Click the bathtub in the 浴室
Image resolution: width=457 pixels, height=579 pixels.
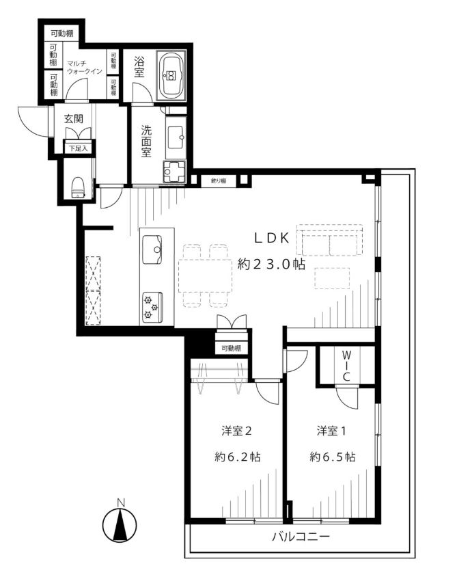pyautogui.click(x=171, y=75)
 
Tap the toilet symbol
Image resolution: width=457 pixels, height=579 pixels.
pyautogui.click(x=77, y=187)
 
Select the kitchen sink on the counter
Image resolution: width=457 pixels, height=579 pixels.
pyautogui.click(x=152, y=250)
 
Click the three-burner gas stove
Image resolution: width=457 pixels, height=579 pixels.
pyautogui.click(x=152, y=306)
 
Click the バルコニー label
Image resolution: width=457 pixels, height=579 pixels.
pyautogui.click(x=301, y=536)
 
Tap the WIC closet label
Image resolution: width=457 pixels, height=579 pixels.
pyautogui.click(x=346, y=366)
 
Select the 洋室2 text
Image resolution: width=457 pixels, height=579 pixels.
pyautogui.click(x=236, y=431)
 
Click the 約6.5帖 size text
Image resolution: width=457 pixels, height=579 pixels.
pyautogui.click(x=333, y=457)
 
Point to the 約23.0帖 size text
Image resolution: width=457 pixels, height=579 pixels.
pyautogui.click(x=271, y=264)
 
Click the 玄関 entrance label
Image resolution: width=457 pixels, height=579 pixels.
pyautogui.click(x=74, y=119)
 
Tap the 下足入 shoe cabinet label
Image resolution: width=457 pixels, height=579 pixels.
pyautogui.click(x=79, y=148)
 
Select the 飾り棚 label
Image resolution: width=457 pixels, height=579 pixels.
pyautogui.click(x=219, y=181)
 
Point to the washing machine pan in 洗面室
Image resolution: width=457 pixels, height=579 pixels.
pyautogui.click(x=174, y=172)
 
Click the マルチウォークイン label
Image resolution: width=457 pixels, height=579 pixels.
pyautogui.click(x=85, y=67)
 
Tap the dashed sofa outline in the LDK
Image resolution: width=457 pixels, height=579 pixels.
pyautogui.click(x=330, y=240)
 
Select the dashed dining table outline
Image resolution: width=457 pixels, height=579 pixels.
pyautogui.click(x=205, y=275)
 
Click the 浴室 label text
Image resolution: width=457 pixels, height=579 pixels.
pyautogui.click(x=139, y=66)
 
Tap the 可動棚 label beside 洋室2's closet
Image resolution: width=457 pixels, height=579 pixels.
pyautogui.click(x=232, y=348)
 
